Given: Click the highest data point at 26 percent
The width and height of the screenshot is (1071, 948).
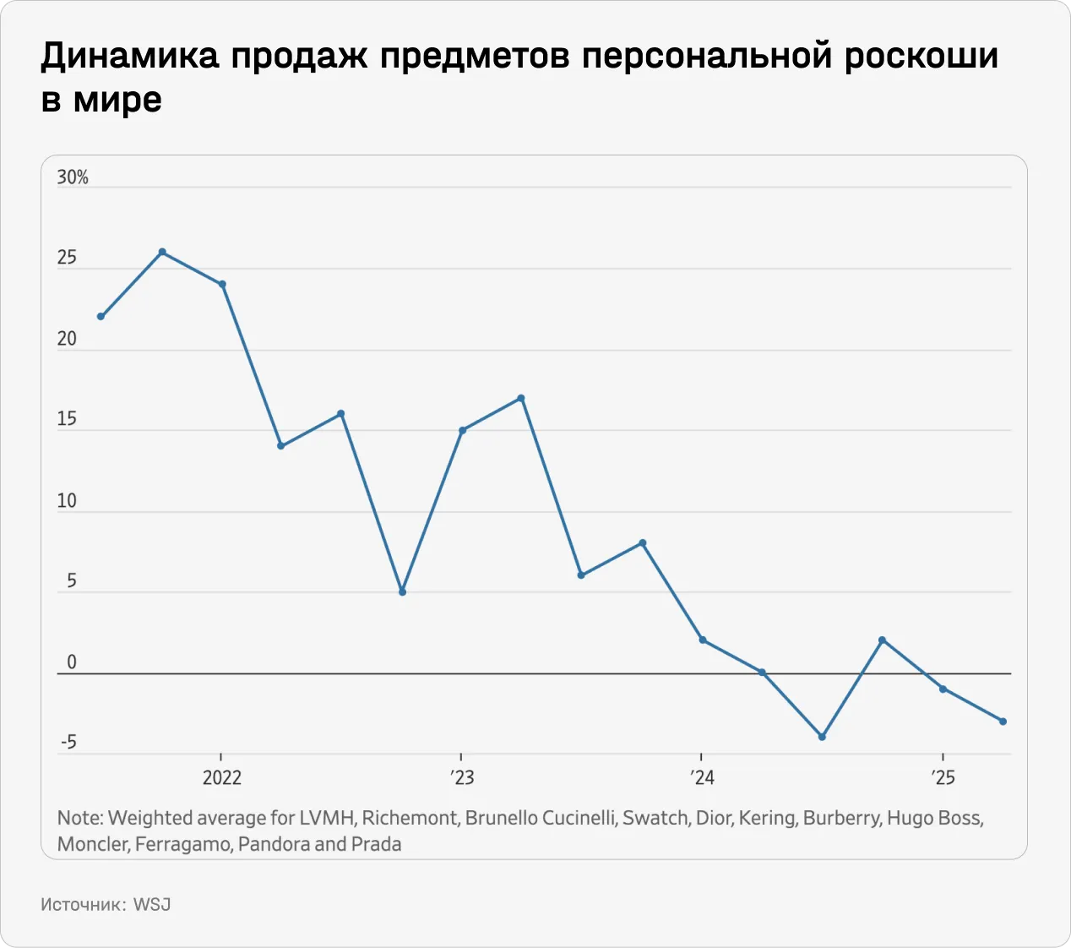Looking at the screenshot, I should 162,252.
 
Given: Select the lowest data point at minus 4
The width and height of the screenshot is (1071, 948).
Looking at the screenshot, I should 822,737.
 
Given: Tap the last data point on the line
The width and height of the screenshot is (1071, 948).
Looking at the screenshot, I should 1003,722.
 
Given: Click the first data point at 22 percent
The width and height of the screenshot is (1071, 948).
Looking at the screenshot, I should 101,317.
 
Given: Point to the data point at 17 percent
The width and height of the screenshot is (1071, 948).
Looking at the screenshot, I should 521,398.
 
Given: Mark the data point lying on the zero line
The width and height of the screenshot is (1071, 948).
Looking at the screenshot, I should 762,673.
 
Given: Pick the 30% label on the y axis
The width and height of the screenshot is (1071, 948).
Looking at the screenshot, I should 73,177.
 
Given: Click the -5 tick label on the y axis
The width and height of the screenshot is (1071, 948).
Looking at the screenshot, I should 68,743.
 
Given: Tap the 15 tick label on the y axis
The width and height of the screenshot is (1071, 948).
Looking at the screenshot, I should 67,419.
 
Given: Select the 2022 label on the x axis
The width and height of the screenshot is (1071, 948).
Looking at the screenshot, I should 221,777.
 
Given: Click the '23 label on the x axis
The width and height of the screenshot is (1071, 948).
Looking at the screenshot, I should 462,777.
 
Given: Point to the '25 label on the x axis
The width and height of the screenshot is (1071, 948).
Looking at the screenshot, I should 943,777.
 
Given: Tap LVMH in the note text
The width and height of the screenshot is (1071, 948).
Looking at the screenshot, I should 328,818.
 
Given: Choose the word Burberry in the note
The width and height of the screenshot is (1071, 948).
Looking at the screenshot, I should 841,818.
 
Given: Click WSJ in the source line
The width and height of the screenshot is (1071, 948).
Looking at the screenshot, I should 152,904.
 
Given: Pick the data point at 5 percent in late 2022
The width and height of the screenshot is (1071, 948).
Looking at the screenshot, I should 402,592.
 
